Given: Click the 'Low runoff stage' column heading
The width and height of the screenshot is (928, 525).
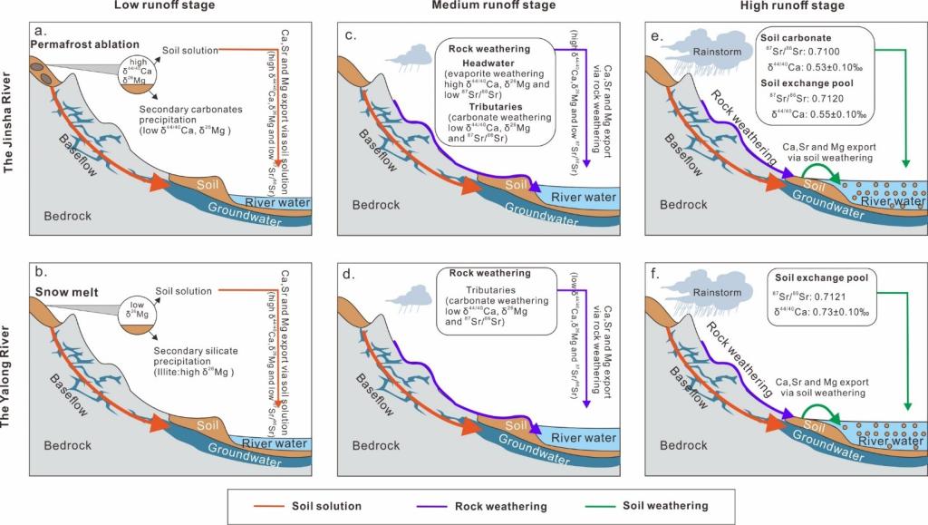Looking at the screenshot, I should (164, 6).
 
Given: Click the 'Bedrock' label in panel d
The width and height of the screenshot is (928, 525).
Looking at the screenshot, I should (376, 445).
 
